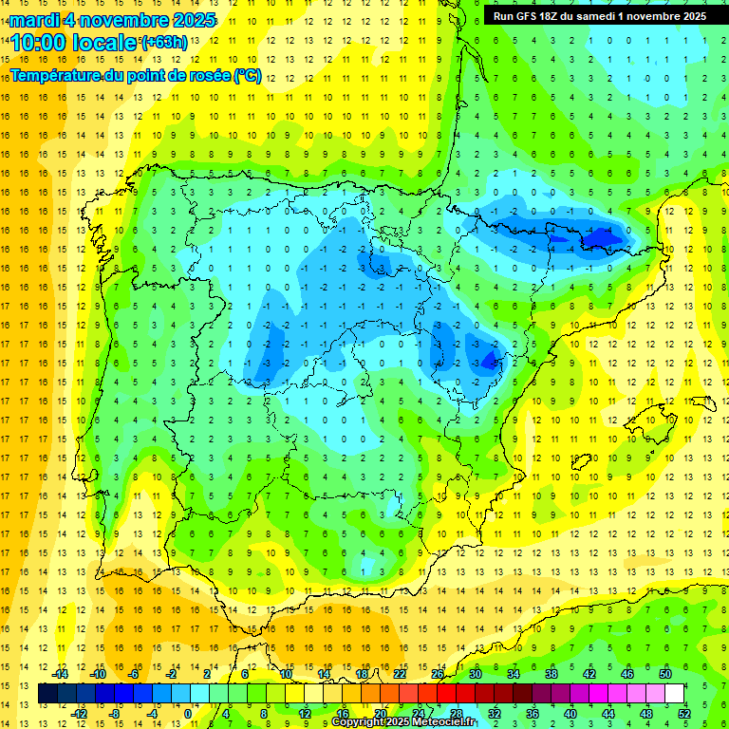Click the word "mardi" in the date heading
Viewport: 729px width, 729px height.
click(36, 20)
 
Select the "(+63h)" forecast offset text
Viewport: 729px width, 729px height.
click(164, 42)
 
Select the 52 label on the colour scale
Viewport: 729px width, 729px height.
click(683, 713)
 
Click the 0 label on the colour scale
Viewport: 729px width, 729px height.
click(188, 713)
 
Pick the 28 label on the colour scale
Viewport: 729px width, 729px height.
click(456, 713)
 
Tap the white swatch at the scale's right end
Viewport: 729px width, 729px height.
click(675, 694)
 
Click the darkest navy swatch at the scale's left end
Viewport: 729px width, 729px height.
click(47, 694)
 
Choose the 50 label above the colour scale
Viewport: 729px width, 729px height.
click(664, 674)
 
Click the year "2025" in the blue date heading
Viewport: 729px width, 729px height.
click(190, 20)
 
